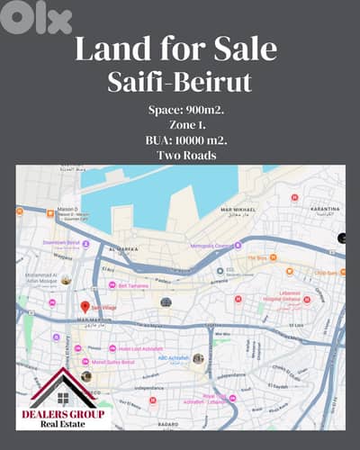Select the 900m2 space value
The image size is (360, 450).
201,111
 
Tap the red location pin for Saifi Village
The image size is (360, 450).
85,307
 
